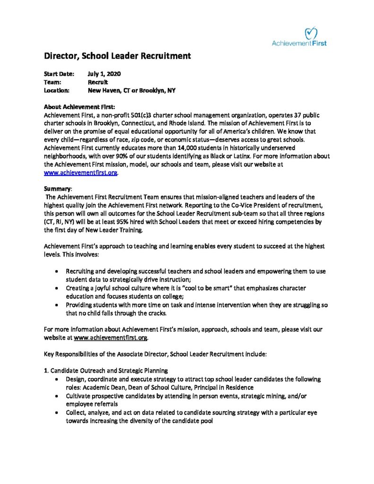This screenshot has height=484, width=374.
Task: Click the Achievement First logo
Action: point(299,36)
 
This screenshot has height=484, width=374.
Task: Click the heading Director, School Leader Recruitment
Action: point(117,56)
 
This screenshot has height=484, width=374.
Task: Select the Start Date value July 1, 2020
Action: point(104,74)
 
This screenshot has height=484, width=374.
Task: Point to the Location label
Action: point(57,90)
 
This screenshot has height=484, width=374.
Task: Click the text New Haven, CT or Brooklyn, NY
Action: point(131,90)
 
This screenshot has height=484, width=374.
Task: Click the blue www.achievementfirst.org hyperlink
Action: point(80,173)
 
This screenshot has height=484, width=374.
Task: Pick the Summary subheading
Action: point(58,189)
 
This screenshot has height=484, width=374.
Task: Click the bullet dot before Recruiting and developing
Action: point(57,272)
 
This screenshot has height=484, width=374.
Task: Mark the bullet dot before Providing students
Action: point(57,305)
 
